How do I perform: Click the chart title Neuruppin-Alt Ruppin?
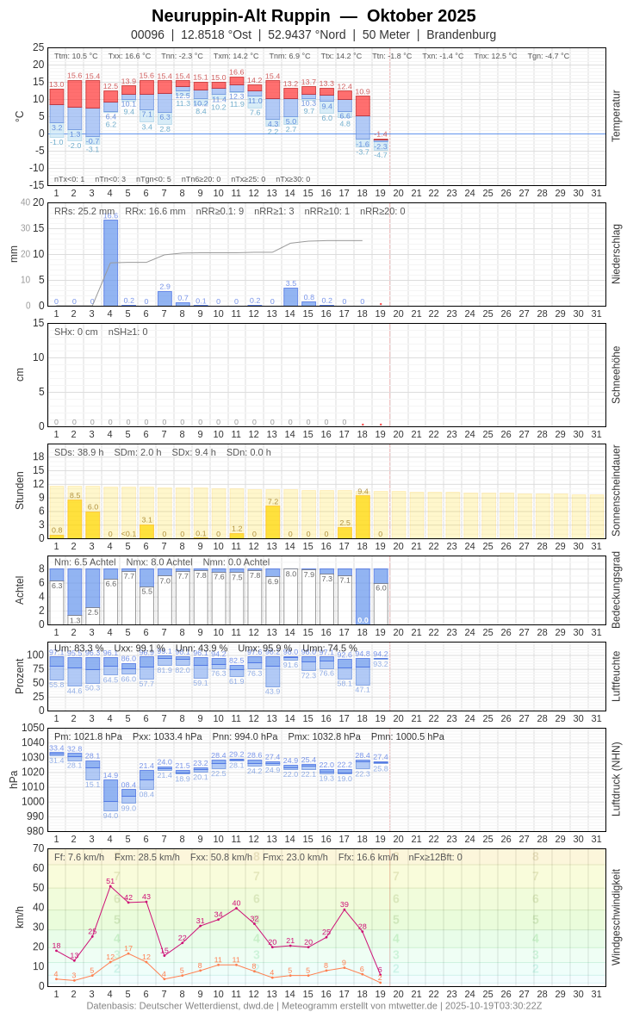coord(240,16)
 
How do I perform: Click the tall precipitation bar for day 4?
coord(110,263)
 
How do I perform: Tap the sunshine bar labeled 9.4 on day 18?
coord(363,517)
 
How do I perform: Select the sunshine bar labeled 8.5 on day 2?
coord(74,519)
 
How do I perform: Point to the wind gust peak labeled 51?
coord(110,886)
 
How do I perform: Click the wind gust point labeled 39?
coord(345,910)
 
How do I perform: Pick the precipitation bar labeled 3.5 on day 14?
coord(290,296)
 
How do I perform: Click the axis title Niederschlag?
coord(616,254)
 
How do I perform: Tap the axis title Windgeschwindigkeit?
coord(616,916)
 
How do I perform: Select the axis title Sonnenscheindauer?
coord(616,491)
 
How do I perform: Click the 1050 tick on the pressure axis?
coord(33,728)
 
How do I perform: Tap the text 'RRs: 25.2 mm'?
coord(84,211)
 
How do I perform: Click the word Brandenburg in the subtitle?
coord(461,34)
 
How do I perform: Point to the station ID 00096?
coord(147,34)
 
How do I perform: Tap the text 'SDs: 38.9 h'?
coord(79,452)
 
